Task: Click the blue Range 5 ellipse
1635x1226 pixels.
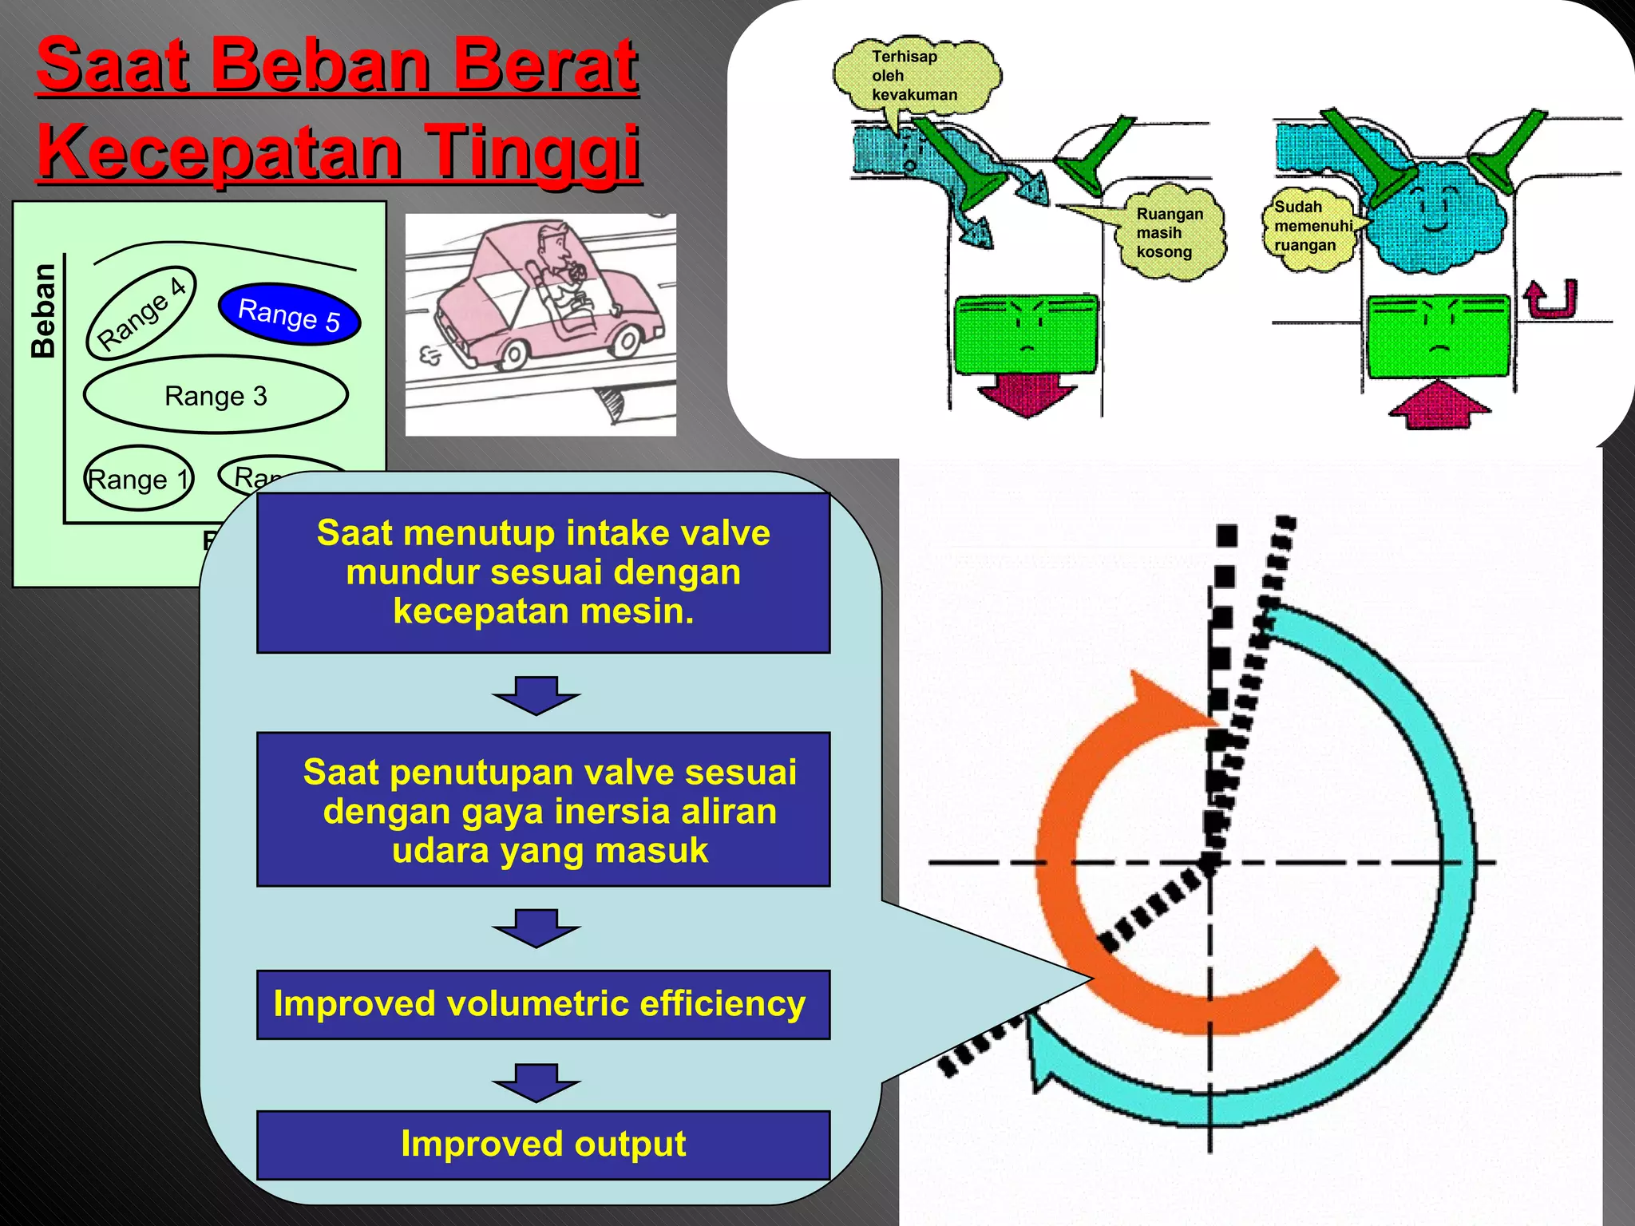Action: (x=289, y=314)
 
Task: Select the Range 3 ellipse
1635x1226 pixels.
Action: (x=216, y=395)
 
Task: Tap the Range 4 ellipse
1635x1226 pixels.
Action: (x=141, y=311)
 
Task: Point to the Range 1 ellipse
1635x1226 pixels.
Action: (x=138, y=479)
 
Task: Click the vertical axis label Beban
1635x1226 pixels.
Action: (x=43, y=311)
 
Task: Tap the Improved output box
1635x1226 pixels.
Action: (x=543, y=1144)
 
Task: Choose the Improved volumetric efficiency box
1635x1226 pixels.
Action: (x=543, y=1004)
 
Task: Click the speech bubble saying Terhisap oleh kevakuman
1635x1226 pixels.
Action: (x=916, y=77)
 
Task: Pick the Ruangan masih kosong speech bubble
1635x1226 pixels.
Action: (x=1170, y=233)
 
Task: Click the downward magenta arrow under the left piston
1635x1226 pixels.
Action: (x=1027, y=394)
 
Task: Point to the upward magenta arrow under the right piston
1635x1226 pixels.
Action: (x=1438, y=405)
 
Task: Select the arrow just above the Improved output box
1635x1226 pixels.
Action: (x=536, y=1082)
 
